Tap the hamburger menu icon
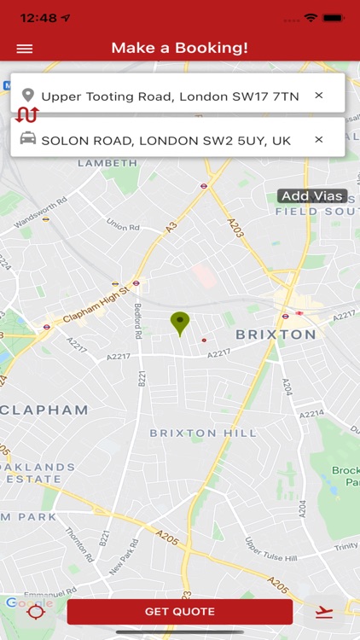pos(25,49)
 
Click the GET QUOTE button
pos(180,611)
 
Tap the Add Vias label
pos(312,196)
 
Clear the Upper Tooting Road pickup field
pos(319,96)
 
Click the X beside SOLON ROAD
pos(319,139)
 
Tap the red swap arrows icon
pos(26,115)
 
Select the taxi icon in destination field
pos(28,139)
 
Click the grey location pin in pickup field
pos(28,96)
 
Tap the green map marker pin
pos(179,323)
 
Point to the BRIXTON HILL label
pos(203,433)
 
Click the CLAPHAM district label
pos(44,410)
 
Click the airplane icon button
pos(323,612)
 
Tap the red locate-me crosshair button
pos(35,612)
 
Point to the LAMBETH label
pos(107,163)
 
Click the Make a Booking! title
pos(180,48)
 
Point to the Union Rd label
pos(122,226)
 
